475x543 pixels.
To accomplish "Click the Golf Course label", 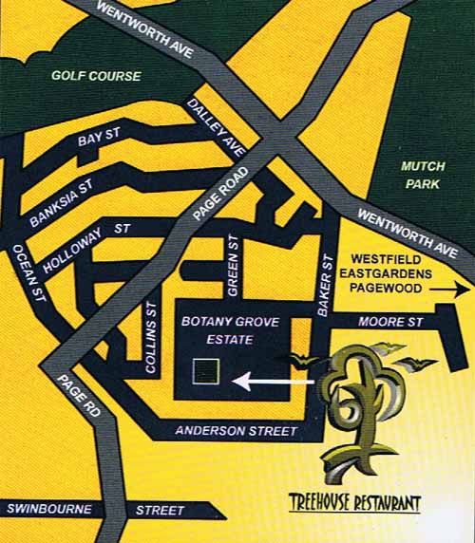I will (x=96, y=76).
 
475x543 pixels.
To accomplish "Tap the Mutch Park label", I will (x=422, y=175).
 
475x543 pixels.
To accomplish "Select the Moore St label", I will (x=390, y=324).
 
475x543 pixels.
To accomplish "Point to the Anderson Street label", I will (x=237, y=432).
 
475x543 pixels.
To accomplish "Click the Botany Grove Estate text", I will (x=231, y=331).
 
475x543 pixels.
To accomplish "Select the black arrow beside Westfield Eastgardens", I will (x=456, y=293).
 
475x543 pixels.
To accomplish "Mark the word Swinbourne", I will (x=49, y=510).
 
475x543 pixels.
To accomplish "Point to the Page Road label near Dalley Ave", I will (x=220, y=197).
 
